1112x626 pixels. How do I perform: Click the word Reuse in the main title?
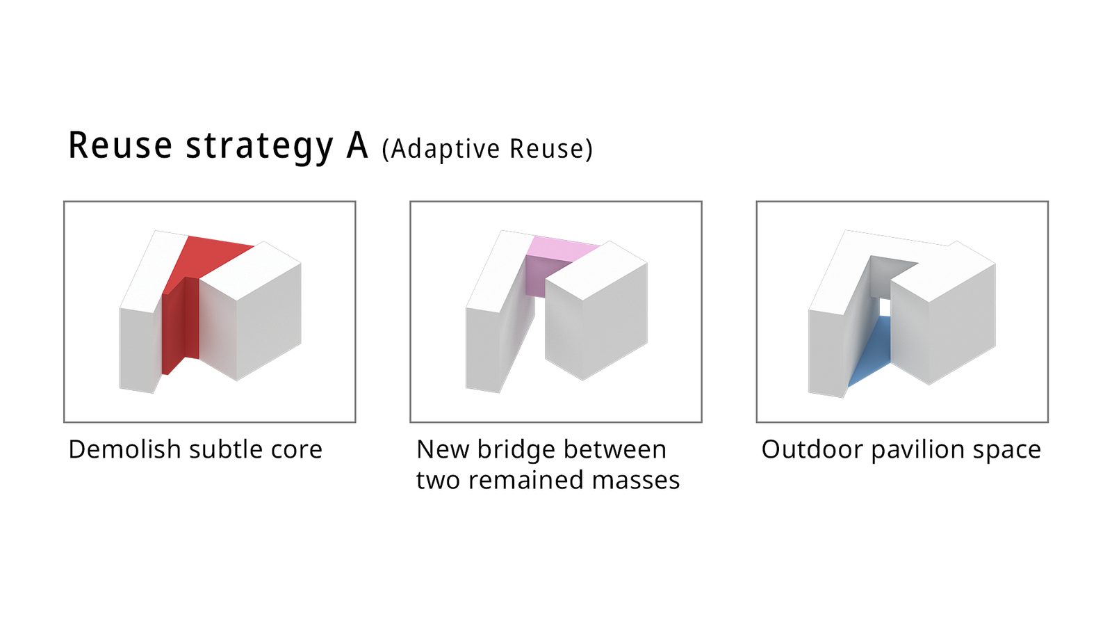point(120,145)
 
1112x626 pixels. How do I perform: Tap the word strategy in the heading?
point(259,147)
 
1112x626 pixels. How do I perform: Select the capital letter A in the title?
point(357,145)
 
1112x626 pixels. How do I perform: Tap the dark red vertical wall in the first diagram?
point(180,326)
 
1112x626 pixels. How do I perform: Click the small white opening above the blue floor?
point(885,307)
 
